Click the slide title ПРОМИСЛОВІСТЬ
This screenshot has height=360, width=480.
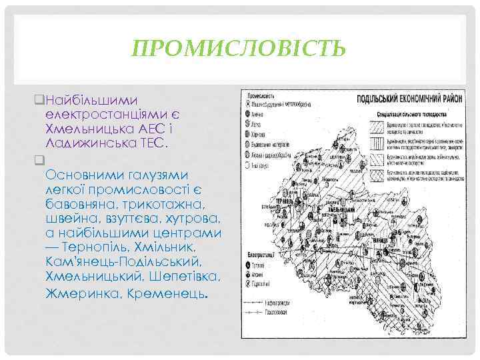239,49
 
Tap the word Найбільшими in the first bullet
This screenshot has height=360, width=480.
86,99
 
